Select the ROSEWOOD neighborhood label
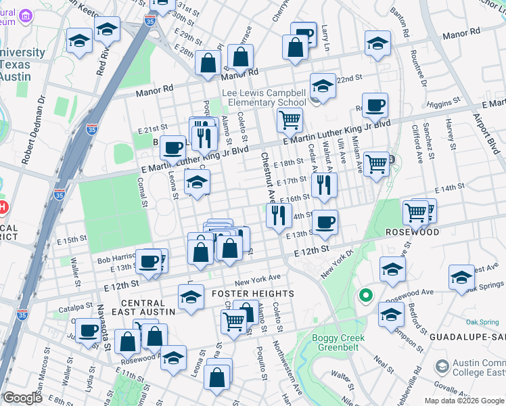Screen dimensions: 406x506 pos(413,231)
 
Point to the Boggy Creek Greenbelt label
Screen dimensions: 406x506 pos(338,342)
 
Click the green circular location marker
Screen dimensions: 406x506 pos(366,295)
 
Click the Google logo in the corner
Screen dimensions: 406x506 pos(22,398)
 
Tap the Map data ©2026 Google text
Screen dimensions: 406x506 pos(464,400)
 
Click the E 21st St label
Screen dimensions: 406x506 pos(152,129)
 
